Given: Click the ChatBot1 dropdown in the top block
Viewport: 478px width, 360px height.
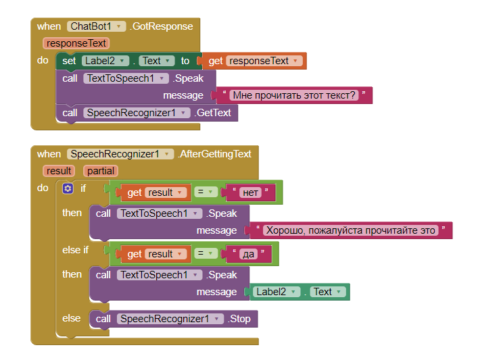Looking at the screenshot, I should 97,26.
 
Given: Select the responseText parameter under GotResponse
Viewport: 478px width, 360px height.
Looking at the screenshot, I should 75,43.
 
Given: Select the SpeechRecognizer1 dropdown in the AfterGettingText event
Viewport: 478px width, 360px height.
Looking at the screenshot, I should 120,154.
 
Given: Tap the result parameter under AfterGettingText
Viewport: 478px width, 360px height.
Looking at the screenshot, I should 59,171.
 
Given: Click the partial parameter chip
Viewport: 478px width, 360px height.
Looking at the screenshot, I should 100,171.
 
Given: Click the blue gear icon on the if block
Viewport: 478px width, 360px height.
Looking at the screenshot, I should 68,188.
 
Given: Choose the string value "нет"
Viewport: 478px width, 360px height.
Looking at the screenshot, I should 250,192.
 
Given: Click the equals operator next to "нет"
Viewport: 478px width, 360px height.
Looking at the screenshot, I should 204,192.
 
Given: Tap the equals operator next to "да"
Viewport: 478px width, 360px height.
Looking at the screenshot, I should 204,254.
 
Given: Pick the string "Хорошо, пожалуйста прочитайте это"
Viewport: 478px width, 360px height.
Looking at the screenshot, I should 351,230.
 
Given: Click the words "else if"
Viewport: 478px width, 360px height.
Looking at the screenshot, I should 76,250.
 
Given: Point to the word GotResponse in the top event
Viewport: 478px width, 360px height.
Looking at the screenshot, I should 162,26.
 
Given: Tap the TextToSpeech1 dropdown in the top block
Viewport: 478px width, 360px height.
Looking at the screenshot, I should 126,78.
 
